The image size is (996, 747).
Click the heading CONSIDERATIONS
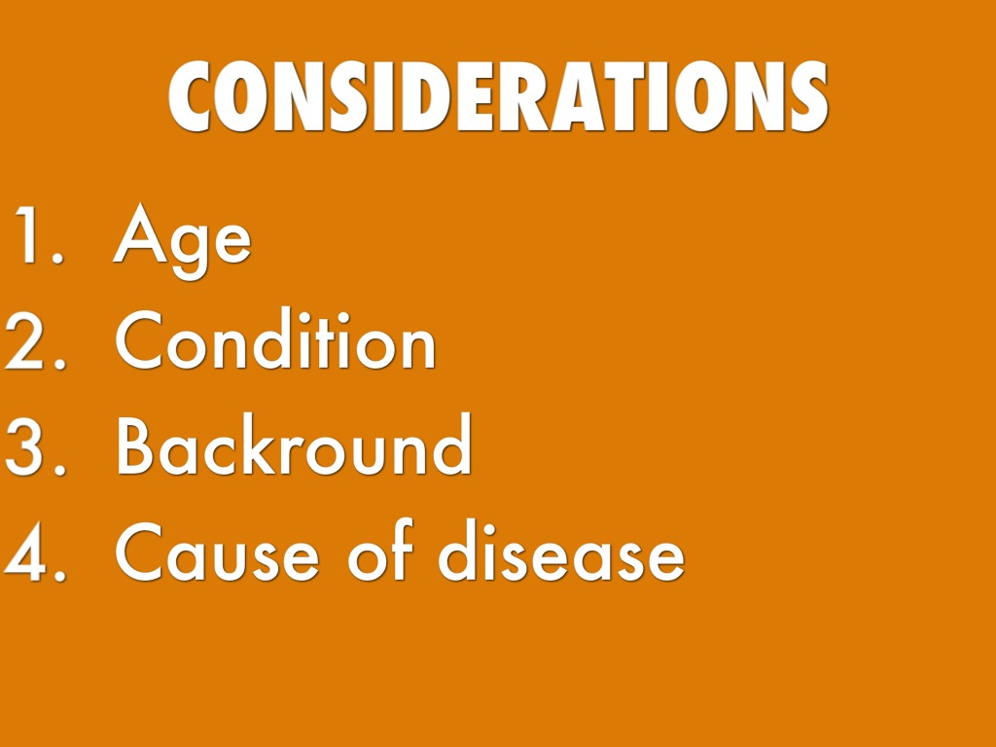point(498,96)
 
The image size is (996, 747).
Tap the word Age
point(182,241)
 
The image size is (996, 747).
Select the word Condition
point(275,338)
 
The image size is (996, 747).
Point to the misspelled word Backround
point(294,444)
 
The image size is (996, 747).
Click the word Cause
point(217,551)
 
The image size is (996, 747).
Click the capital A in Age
point(140,233)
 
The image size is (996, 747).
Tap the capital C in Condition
point(140,339)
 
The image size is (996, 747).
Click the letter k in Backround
point(257,444)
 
